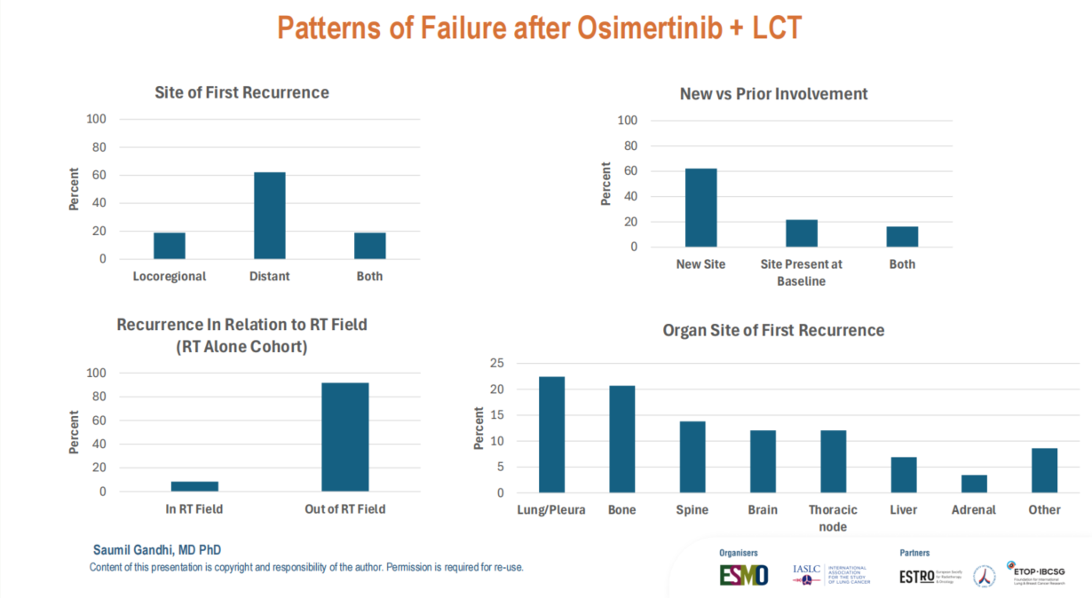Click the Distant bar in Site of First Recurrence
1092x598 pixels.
point(270,216)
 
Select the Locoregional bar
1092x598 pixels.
point(170,246)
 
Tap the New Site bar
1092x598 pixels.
point(701,208)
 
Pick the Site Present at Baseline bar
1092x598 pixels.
point(802,233)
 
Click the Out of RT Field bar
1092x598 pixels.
point(345,437)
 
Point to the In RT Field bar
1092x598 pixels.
point(194,486)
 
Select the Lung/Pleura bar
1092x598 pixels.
point(551,435)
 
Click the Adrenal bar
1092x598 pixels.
point(974,484)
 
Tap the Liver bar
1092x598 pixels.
point(904,475)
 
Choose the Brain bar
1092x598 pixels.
point(763,461)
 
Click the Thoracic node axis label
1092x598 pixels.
point(833,518)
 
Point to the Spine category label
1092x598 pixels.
point(692,510)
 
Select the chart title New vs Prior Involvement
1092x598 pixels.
point(773,94)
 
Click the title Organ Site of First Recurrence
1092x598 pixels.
point(773,331)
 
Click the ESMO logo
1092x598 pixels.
point(744,575)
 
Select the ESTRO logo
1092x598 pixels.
point(916,577)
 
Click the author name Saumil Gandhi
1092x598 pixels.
point(157,550)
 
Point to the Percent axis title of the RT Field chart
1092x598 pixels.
point(74,432)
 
